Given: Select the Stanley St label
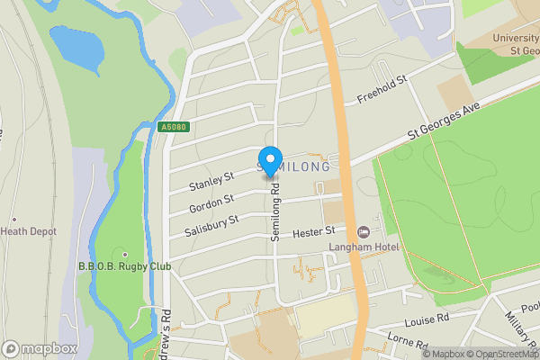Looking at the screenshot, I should (211, 181).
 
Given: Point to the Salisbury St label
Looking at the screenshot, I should (211, 224).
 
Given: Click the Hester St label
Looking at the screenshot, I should (314, 233).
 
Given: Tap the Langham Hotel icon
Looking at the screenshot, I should (363, 231).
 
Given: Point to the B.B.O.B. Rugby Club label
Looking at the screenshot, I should (124, 266).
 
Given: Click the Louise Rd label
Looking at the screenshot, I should (427, 320).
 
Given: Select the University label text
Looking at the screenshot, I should (515, 38).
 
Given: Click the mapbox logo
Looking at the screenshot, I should (40, 348).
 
